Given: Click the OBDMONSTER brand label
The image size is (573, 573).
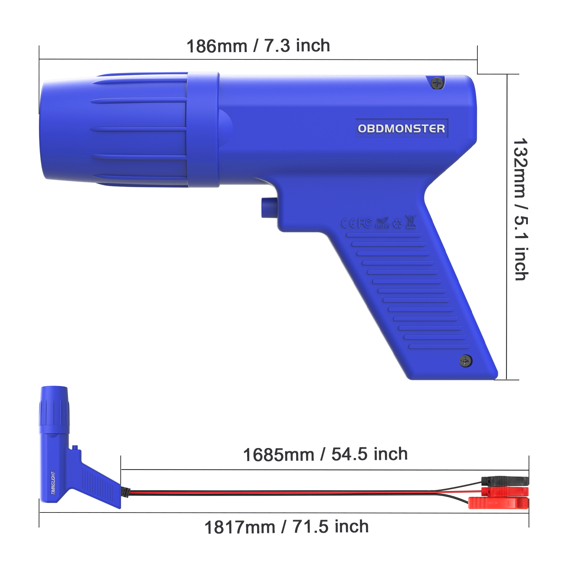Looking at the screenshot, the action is pos(401,128).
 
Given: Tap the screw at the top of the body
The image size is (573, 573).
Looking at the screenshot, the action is pos(437,83).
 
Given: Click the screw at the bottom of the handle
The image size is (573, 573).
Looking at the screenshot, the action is pos(466,361).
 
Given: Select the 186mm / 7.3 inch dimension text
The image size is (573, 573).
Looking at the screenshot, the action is pos(258,46).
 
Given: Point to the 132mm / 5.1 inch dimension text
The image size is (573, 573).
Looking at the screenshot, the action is pos(520,210).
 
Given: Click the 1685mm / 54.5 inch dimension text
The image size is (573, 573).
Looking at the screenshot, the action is pos(325,454).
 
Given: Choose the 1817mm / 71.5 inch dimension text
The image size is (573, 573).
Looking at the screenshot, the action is pos(286,527).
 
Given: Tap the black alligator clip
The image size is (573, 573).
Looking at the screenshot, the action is pos(505,481).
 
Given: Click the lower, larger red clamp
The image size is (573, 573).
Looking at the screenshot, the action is pos(499,503).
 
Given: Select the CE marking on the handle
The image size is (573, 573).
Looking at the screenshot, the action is pos(348,224).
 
